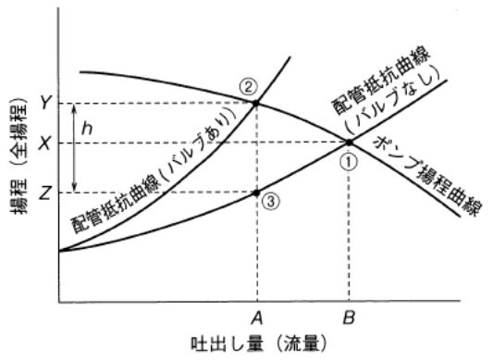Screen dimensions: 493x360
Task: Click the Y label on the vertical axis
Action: click(43, 103)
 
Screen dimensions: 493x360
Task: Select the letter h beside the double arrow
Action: click(88, 128)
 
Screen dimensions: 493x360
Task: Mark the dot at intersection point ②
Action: click(256, 103)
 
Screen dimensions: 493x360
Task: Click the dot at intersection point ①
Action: click(349, 142)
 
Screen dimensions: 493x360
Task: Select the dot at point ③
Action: click(256, 192)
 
